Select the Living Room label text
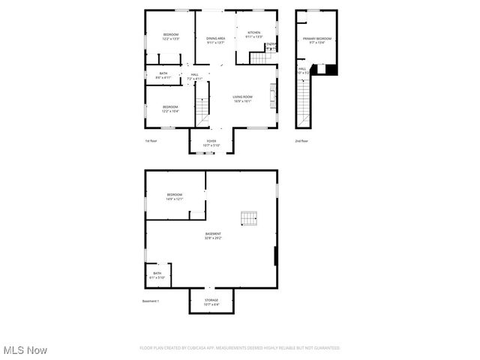241,99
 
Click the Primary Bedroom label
317,40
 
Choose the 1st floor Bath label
163,75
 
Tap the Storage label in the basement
211,302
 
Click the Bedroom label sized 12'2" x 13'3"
171,37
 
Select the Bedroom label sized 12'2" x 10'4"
170,109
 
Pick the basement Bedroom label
175,196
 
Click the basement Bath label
157,275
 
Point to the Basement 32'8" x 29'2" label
213,236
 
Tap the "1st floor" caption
151,141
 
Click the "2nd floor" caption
301,141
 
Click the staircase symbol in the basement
249,218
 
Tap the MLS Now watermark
25,350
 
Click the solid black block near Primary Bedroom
331,70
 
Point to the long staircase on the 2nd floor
303,102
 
